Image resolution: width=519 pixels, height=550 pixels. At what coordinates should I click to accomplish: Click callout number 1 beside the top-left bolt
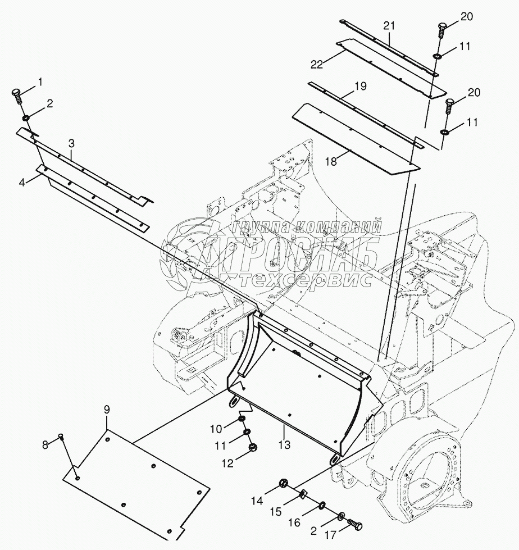[40, 82]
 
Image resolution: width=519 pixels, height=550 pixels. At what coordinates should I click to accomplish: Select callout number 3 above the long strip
[71, 143]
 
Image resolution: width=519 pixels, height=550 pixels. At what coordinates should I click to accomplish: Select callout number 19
[360, 87]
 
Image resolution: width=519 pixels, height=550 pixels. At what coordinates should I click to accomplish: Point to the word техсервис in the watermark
[303, 279]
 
